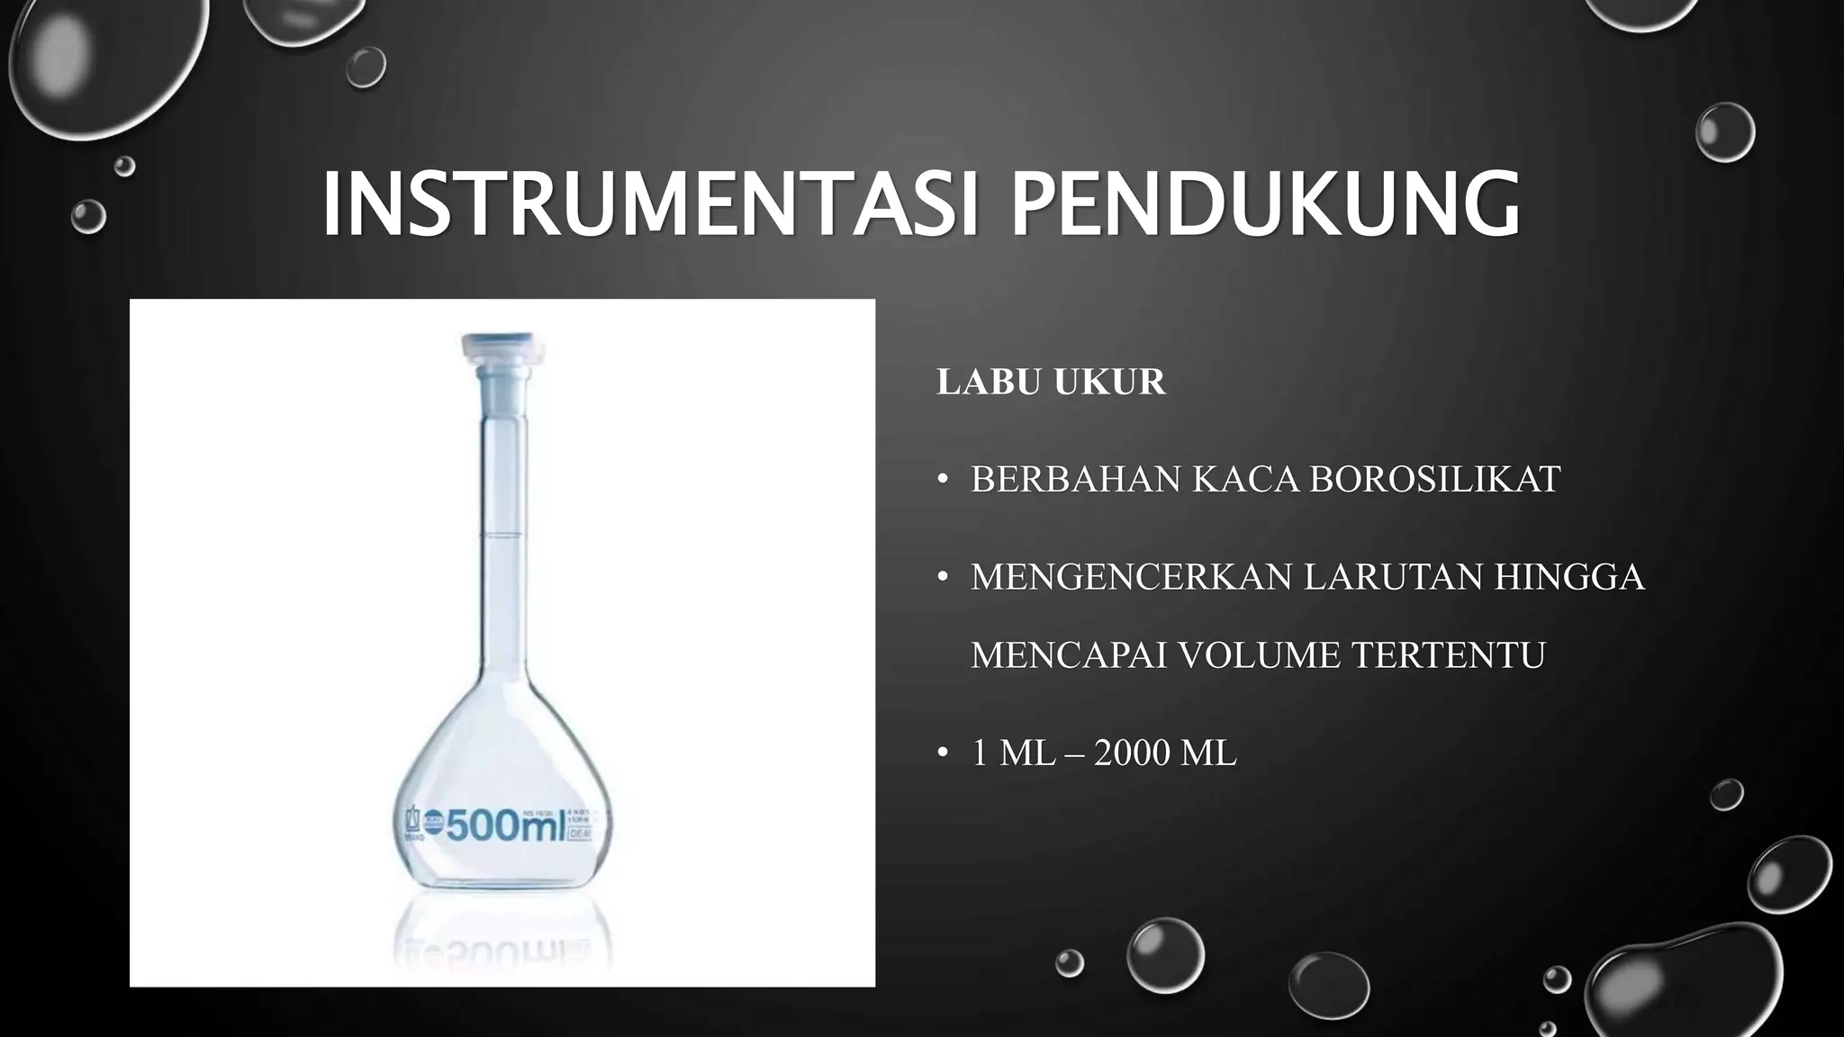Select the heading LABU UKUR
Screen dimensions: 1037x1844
coord(1051,382)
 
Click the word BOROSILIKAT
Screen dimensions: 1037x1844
coord(1434,480)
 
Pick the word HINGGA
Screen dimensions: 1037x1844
coord(1569,577)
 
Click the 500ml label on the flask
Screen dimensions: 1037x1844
coord(504,825)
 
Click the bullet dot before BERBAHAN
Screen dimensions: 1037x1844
coord(943,481)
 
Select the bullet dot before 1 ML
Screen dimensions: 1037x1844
coord(943,753)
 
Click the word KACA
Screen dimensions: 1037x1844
coord(1245,480)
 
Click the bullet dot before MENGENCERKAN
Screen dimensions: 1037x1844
coord(943,578)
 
